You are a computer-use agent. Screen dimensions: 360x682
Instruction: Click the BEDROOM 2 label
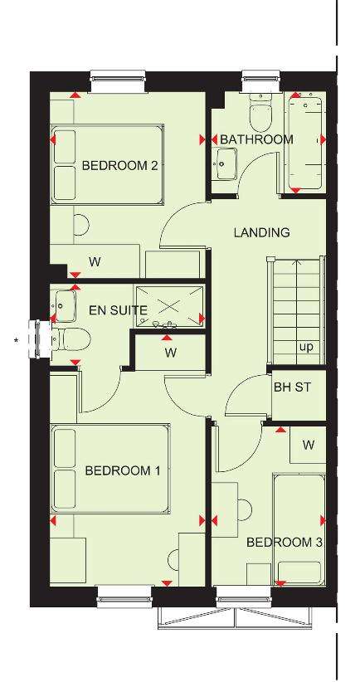(x=119, y=166)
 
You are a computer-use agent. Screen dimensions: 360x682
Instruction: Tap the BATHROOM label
(x=256, y=139)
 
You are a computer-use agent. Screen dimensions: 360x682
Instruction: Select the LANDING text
(x=262, y=232)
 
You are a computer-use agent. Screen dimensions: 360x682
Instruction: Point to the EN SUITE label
(x=118, y=310)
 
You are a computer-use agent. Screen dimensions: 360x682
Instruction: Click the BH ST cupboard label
(x=292, y=387)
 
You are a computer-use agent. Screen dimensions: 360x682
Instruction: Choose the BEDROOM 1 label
(x=123, y=470)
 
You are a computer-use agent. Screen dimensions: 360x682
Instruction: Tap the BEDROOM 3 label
(x=285, y=543)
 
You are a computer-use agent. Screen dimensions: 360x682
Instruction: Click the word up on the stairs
(x=306, y=348)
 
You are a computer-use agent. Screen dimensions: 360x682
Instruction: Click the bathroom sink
(x=226, y=163)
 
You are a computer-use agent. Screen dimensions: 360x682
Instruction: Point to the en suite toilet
(x=71, y=339)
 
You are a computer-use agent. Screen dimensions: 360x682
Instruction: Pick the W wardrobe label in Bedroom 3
(x=309, y=445)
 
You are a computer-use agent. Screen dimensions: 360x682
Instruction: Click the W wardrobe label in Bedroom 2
(x=95, y=262)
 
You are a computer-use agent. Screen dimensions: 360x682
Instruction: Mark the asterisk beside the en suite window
(x=17, y=340)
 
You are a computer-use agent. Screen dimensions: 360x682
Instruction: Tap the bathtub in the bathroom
(x=304, y=144)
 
